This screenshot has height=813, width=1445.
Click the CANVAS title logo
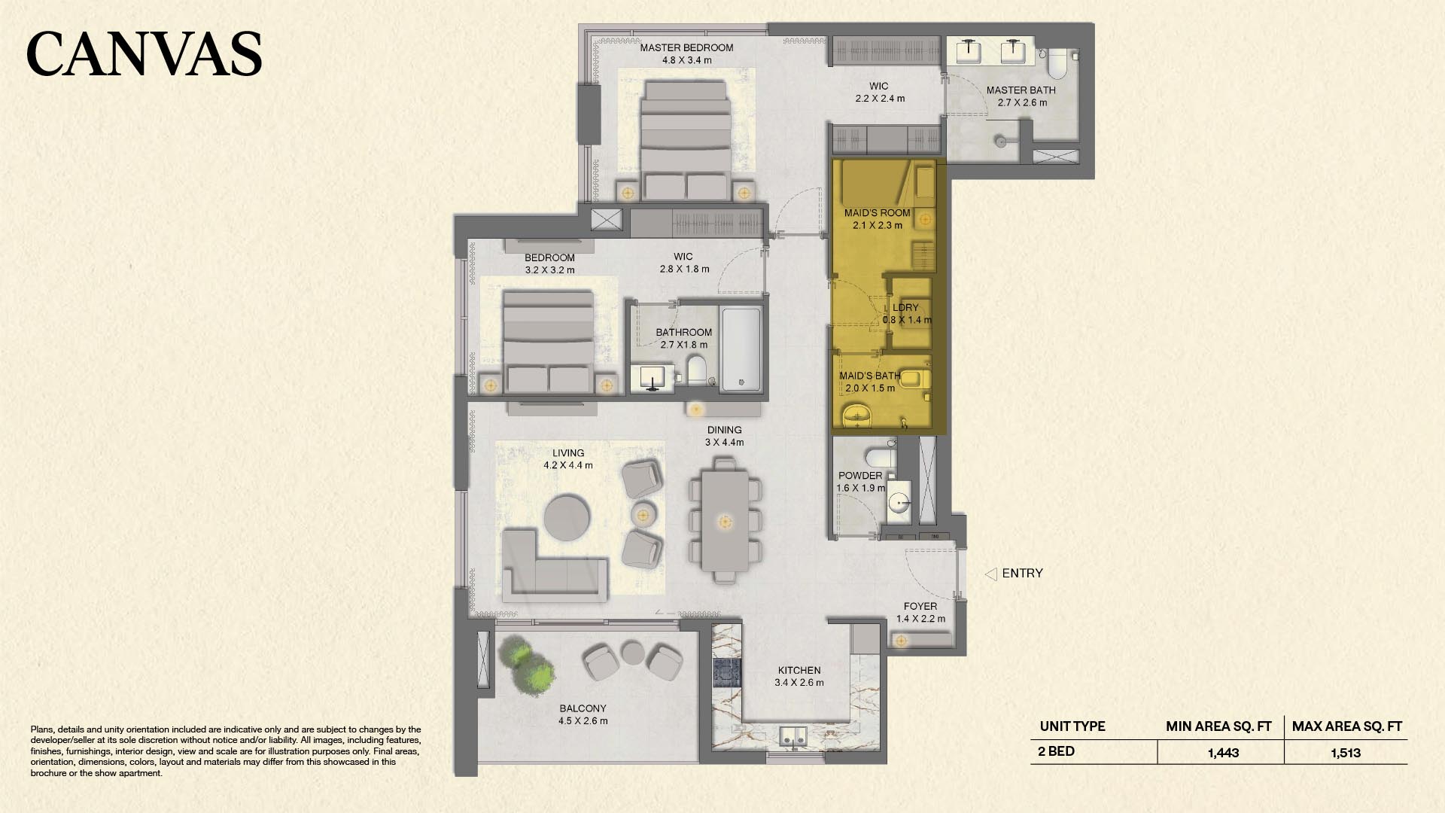click(x=144, y=53)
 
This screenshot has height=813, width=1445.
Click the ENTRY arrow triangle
click(x=990, y=574)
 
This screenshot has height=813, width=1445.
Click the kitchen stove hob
click(x=727, y=672)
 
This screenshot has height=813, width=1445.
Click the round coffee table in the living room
click(x=567, y=517)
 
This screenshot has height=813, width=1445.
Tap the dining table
click(x=726, y=521)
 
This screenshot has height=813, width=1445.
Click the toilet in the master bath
click(x=1057, y=63)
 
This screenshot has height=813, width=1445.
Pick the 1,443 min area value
click(x=1223, y=753)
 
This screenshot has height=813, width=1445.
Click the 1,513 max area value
click(x=1346, y=753)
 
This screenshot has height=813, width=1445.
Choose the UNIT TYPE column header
click(x=1072, y=726)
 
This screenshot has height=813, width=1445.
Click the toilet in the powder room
click(x=880, y=456)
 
